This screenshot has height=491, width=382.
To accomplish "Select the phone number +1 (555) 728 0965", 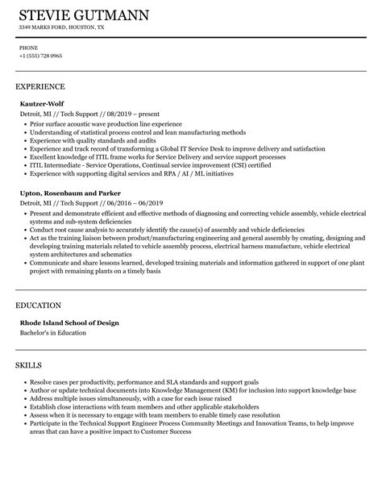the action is pyautogui.click(x=40, y=56).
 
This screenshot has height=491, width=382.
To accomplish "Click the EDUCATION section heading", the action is pyautogui.click(x=38, y=283).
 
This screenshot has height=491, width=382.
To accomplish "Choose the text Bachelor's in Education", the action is pyautogui.click(x=57, y=310).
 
